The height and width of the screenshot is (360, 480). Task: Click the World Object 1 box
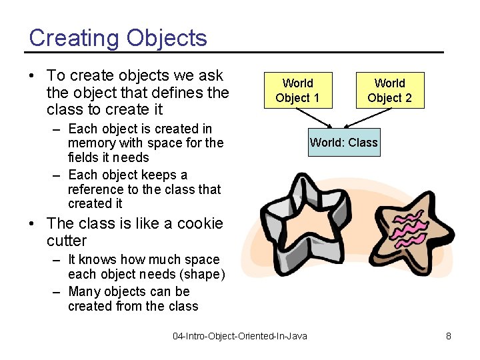297,91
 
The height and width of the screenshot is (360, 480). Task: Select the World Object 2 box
389,91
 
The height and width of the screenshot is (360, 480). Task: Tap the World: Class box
344,142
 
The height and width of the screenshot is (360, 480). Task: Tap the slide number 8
449,336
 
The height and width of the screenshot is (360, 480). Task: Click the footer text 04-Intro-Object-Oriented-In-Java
240,336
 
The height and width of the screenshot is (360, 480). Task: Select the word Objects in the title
166,38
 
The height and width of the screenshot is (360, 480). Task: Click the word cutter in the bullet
67,241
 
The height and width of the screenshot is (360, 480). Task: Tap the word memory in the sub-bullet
92,143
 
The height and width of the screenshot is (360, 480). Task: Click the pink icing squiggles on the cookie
408,225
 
